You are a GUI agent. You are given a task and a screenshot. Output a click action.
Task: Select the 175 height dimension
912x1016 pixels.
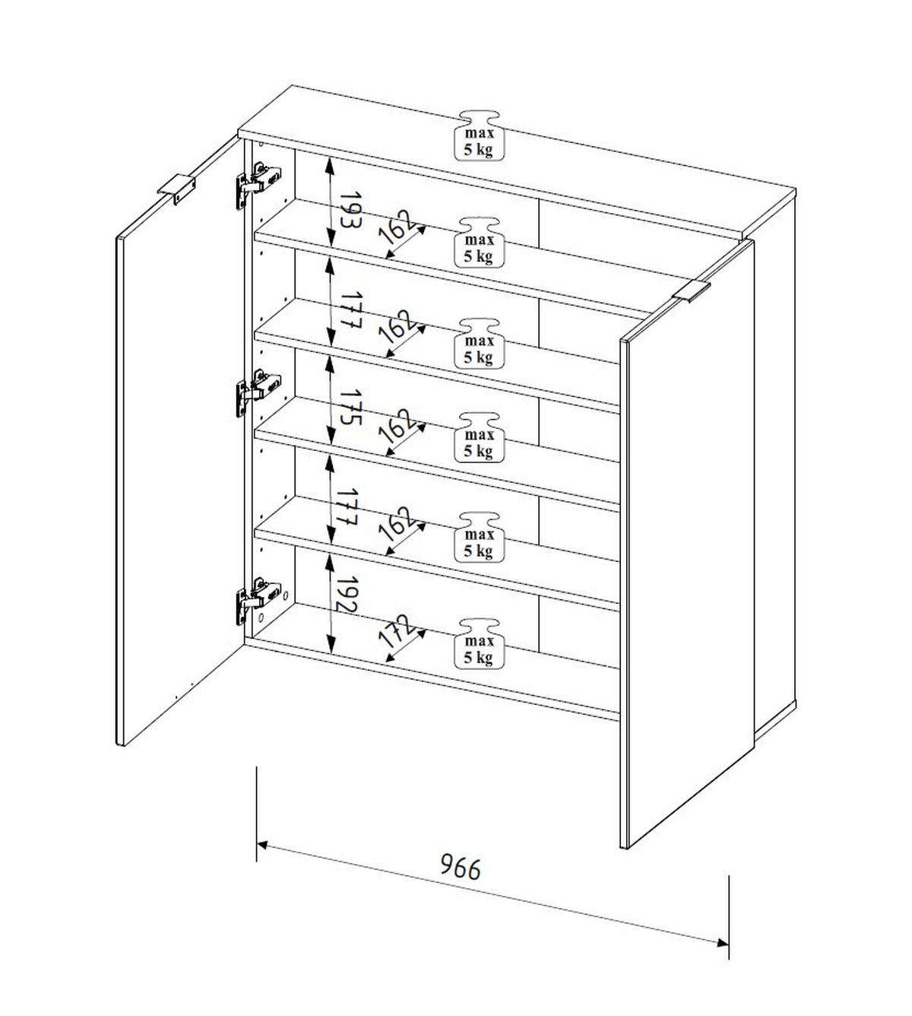[350, 407]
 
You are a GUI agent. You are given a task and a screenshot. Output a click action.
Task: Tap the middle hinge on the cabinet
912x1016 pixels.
[258, 392]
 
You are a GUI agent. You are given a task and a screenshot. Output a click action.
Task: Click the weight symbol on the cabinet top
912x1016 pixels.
[479, 135]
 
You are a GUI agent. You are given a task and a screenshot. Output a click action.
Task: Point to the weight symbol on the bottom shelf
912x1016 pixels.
[479, 643]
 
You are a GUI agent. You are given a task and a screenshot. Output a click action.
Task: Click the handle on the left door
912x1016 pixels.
[176, 190]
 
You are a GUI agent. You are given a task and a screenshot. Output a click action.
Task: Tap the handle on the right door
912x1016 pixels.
[692, 292]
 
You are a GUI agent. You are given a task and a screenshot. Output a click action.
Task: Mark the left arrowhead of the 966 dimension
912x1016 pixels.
[263, 845]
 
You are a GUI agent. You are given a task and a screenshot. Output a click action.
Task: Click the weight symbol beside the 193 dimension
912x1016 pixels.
[479, 243]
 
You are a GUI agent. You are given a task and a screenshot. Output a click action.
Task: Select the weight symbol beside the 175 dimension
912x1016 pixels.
[479, 437]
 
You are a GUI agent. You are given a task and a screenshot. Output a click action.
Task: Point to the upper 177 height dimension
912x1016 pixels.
[350, 310]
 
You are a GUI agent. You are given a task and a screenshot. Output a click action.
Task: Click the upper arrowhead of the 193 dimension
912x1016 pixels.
[330, 161]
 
